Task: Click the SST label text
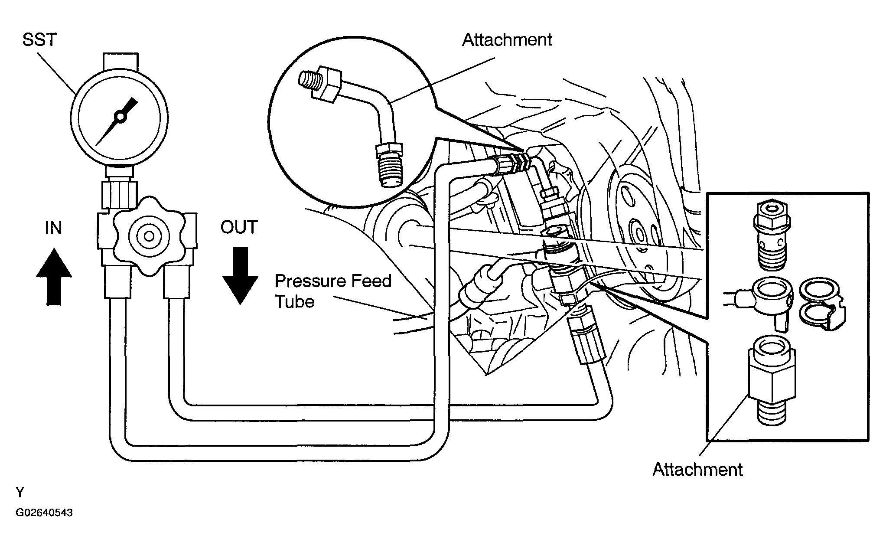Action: pos(39,40)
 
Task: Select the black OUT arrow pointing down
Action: pos(240,275)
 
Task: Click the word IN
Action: pos(53,228)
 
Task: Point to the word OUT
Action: pos(239,227)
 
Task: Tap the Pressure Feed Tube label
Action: pos(333,291)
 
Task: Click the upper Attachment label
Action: pos(507,40)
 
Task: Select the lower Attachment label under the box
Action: pos(697,470)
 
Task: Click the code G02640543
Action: pos(44,513)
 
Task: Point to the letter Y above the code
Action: pos(20,493)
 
